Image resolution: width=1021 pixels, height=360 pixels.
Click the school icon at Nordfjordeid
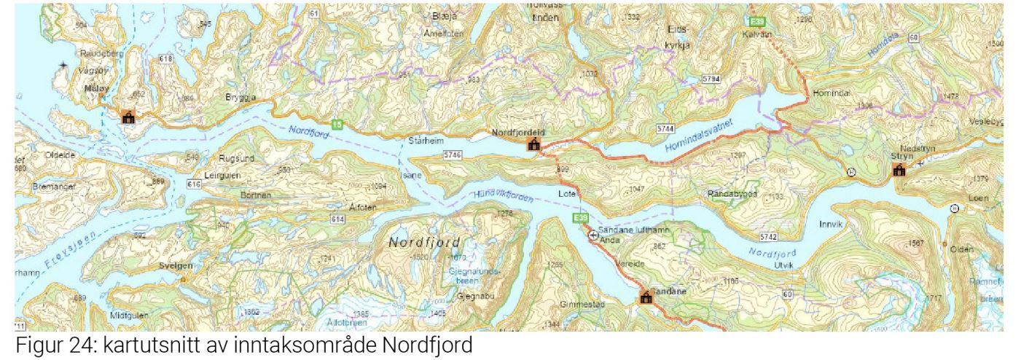534,146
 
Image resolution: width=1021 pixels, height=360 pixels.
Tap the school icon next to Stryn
899,171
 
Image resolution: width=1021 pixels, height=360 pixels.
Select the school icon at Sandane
645,297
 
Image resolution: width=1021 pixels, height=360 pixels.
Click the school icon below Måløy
129,117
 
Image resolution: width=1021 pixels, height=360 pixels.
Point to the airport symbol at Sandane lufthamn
593,235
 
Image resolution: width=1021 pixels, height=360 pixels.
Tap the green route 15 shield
337,125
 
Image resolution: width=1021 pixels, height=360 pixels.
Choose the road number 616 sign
194,186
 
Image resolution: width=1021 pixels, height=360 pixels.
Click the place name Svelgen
175,266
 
